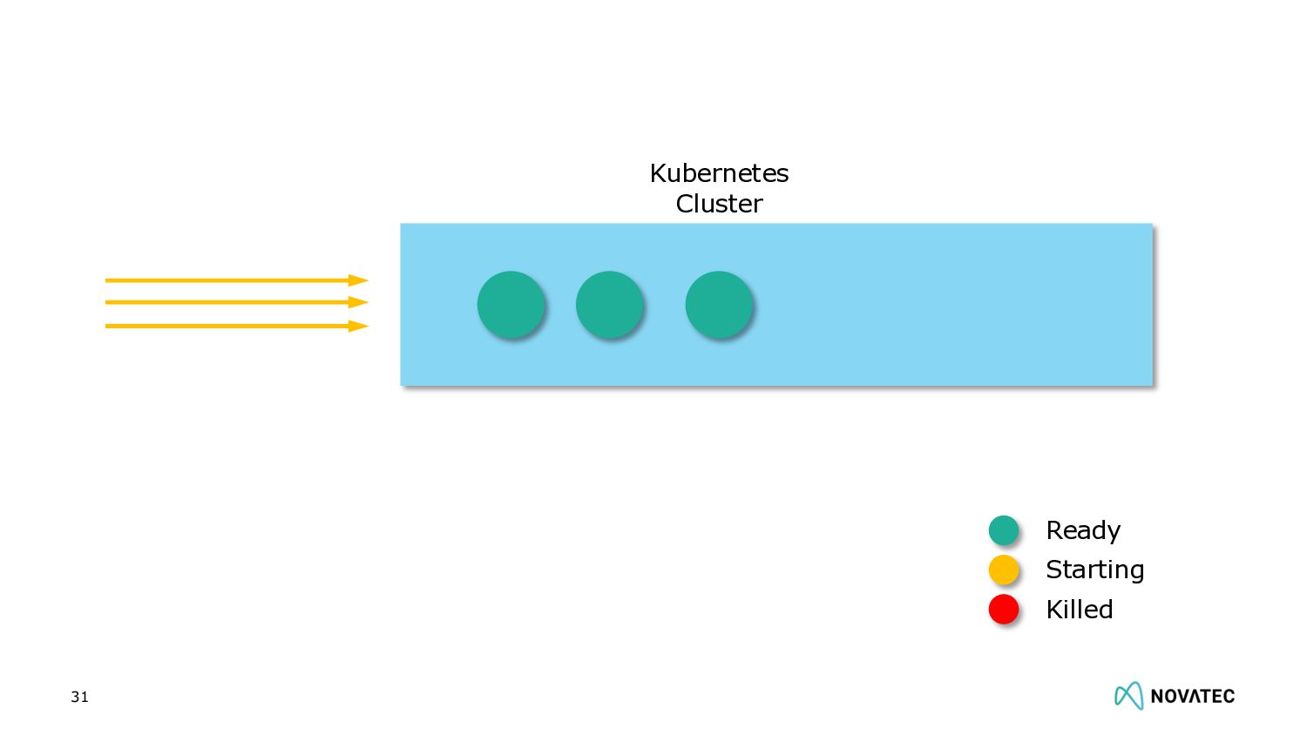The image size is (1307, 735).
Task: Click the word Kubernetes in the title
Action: coord(719,173)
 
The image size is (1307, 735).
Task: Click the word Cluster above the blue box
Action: coord(719,204)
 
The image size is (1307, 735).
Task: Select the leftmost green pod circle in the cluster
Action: coord(511,305)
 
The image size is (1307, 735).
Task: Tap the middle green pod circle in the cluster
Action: coord(609,305)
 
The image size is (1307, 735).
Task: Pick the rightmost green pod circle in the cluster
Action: coord(719,305)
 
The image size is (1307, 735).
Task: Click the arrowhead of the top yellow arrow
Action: coord(358,280)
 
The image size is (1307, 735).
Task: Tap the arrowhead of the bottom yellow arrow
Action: coord(358,326)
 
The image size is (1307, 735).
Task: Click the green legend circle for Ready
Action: coord(1004,530)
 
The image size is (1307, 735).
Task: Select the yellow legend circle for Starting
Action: coord(1004,570)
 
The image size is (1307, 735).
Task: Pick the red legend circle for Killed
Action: coord(1004,609)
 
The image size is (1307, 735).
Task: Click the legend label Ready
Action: coord(1083,530)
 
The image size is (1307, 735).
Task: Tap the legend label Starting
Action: coord(1094,570)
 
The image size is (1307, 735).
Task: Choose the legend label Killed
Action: coord(1079,609)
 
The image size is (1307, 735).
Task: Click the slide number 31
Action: coord(79,697)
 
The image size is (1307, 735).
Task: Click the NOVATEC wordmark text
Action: coord(1192,696)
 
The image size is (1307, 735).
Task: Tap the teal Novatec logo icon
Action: coord(1128,695)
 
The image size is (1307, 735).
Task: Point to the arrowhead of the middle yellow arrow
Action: coord(358,302)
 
